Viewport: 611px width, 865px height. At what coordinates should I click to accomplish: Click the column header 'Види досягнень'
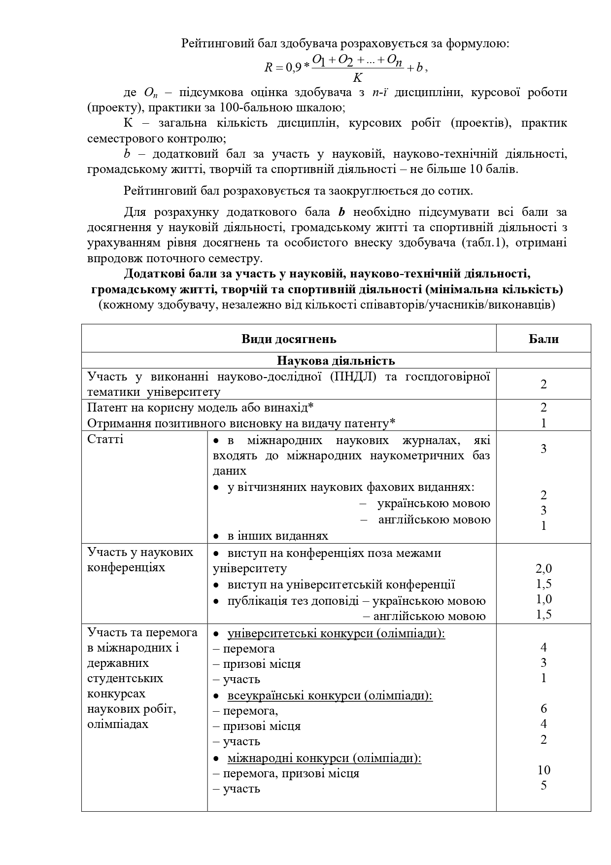click(289, 339)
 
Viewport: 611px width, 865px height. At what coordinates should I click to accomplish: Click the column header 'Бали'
click(543, 339)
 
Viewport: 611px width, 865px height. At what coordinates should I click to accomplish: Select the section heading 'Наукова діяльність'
click(336, 361)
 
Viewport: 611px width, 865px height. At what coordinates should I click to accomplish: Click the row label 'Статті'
click(105, 439)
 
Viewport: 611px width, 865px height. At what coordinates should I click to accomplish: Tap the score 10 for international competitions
click(543, 770)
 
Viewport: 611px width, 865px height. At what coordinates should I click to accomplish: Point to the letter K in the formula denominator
click(358, 78)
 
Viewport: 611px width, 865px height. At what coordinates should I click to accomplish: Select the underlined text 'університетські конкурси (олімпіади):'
click(336, 633)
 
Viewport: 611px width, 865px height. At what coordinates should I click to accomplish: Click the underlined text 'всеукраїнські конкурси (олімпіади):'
click(330, 695)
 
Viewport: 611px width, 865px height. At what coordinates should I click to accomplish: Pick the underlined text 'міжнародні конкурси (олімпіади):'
click(324, 758)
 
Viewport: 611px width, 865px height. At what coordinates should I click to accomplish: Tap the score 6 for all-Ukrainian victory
click(543, 708)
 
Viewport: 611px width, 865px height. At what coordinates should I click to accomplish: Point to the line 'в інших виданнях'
click(277, 535)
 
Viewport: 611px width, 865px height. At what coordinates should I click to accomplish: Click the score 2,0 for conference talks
click(543, 569)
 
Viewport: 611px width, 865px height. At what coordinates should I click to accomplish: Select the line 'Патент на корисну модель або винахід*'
click(201, 408)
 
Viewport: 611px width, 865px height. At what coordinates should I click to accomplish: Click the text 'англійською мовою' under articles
click(434, 519)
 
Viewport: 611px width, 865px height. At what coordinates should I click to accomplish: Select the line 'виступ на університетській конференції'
click(341, 585)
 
